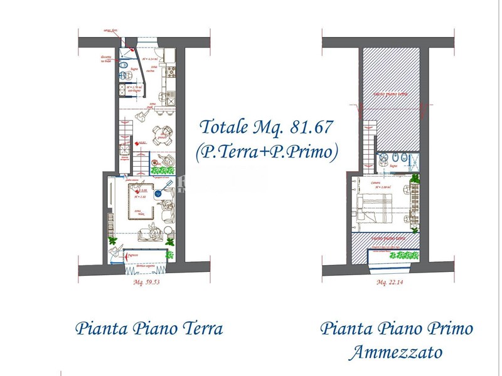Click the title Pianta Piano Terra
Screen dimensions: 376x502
(149, 328)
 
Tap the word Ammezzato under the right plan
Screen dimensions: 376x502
(395, 352)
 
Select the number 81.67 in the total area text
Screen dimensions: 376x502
(312, 127)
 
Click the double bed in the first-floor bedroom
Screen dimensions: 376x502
(375, 206)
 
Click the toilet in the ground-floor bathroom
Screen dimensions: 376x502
(125, 66)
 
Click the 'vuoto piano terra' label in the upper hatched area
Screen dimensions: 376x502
(390, 94)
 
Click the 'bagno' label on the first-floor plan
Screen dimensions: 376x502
(393, 166)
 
